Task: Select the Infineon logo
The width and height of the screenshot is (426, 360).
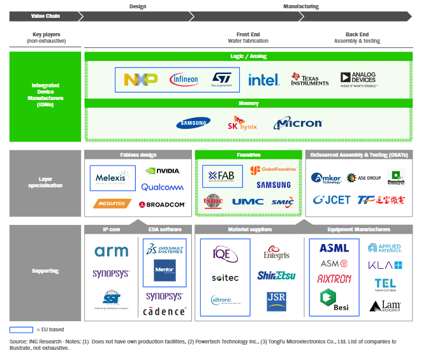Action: click(x=184, y=80)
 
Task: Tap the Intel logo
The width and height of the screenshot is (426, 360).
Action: click(x=263, y=80)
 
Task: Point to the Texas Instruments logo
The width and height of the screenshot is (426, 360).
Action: click(x=309, y=79)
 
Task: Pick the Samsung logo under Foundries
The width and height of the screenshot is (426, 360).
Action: click(x=274, y=185)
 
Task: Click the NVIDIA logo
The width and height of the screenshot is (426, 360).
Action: click(x=163, y=171)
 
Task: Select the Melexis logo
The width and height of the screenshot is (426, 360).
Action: click(x=113, y=178)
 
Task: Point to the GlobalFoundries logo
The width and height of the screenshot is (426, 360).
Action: click(x=274, y=170)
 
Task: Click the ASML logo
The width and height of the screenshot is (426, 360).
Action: click(x=334, y=248)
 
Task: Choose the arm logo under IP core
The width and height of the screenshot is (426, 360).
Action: click(x=112, y=251)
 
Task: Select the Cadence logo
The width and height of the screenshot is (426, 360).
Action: click(x=165, y=311)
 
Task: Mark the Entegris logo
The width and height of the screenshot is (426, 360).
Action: click(x=276, y=255)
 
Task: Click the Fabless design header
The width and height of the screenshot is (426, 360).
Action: click(x=138, y=155)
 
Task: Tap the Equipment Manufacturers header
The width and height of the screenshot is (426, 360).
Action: click(x=360, y=229)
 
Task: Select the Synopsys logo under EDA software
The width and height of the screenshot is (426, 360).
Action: click(x=165, y=296)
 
